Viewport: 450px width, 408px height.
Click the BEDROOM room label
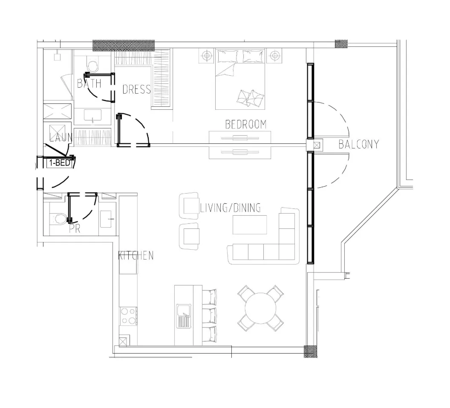pos(246,124)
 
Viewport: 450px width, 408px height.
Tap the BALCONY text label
pos(359,144)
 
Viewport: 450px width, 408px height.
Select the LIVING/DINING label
pos(231,208)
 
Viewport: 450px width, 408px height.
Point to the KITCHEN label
pos(136,256)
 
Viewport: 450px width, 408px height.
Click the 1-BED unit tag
pos(59,163)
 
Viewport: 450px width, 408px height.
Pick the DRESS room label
pos(137,89)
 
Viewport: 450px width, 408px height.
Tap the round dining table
pos(260,308)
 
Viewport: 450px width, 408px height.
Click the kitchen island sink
pos(184,316)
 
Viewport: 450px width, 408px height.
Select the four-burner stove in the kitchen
pos(128,316)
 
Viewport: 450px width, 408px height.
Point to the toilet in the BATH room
pos(92,65)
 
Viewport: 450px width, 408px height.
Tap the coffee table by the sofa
pos(250,225)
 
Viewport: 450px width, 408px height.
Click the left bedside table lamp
pos(207,56)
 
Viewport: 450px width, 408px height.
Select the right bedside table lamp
pos(274,56)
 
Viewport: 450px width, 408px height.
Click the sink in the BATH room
pos(92,116)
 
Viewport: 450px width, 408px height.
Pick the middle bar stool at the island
pos(210,315)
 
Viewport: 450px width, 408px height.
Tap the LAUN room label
pos(61,137)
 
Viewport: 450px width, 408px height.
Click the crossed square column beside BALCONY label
pos(317,145)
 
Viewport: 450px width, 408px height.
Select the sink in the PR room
pos(107,219)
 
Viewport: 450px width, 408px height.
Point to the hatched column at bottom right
pos(311,351)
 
